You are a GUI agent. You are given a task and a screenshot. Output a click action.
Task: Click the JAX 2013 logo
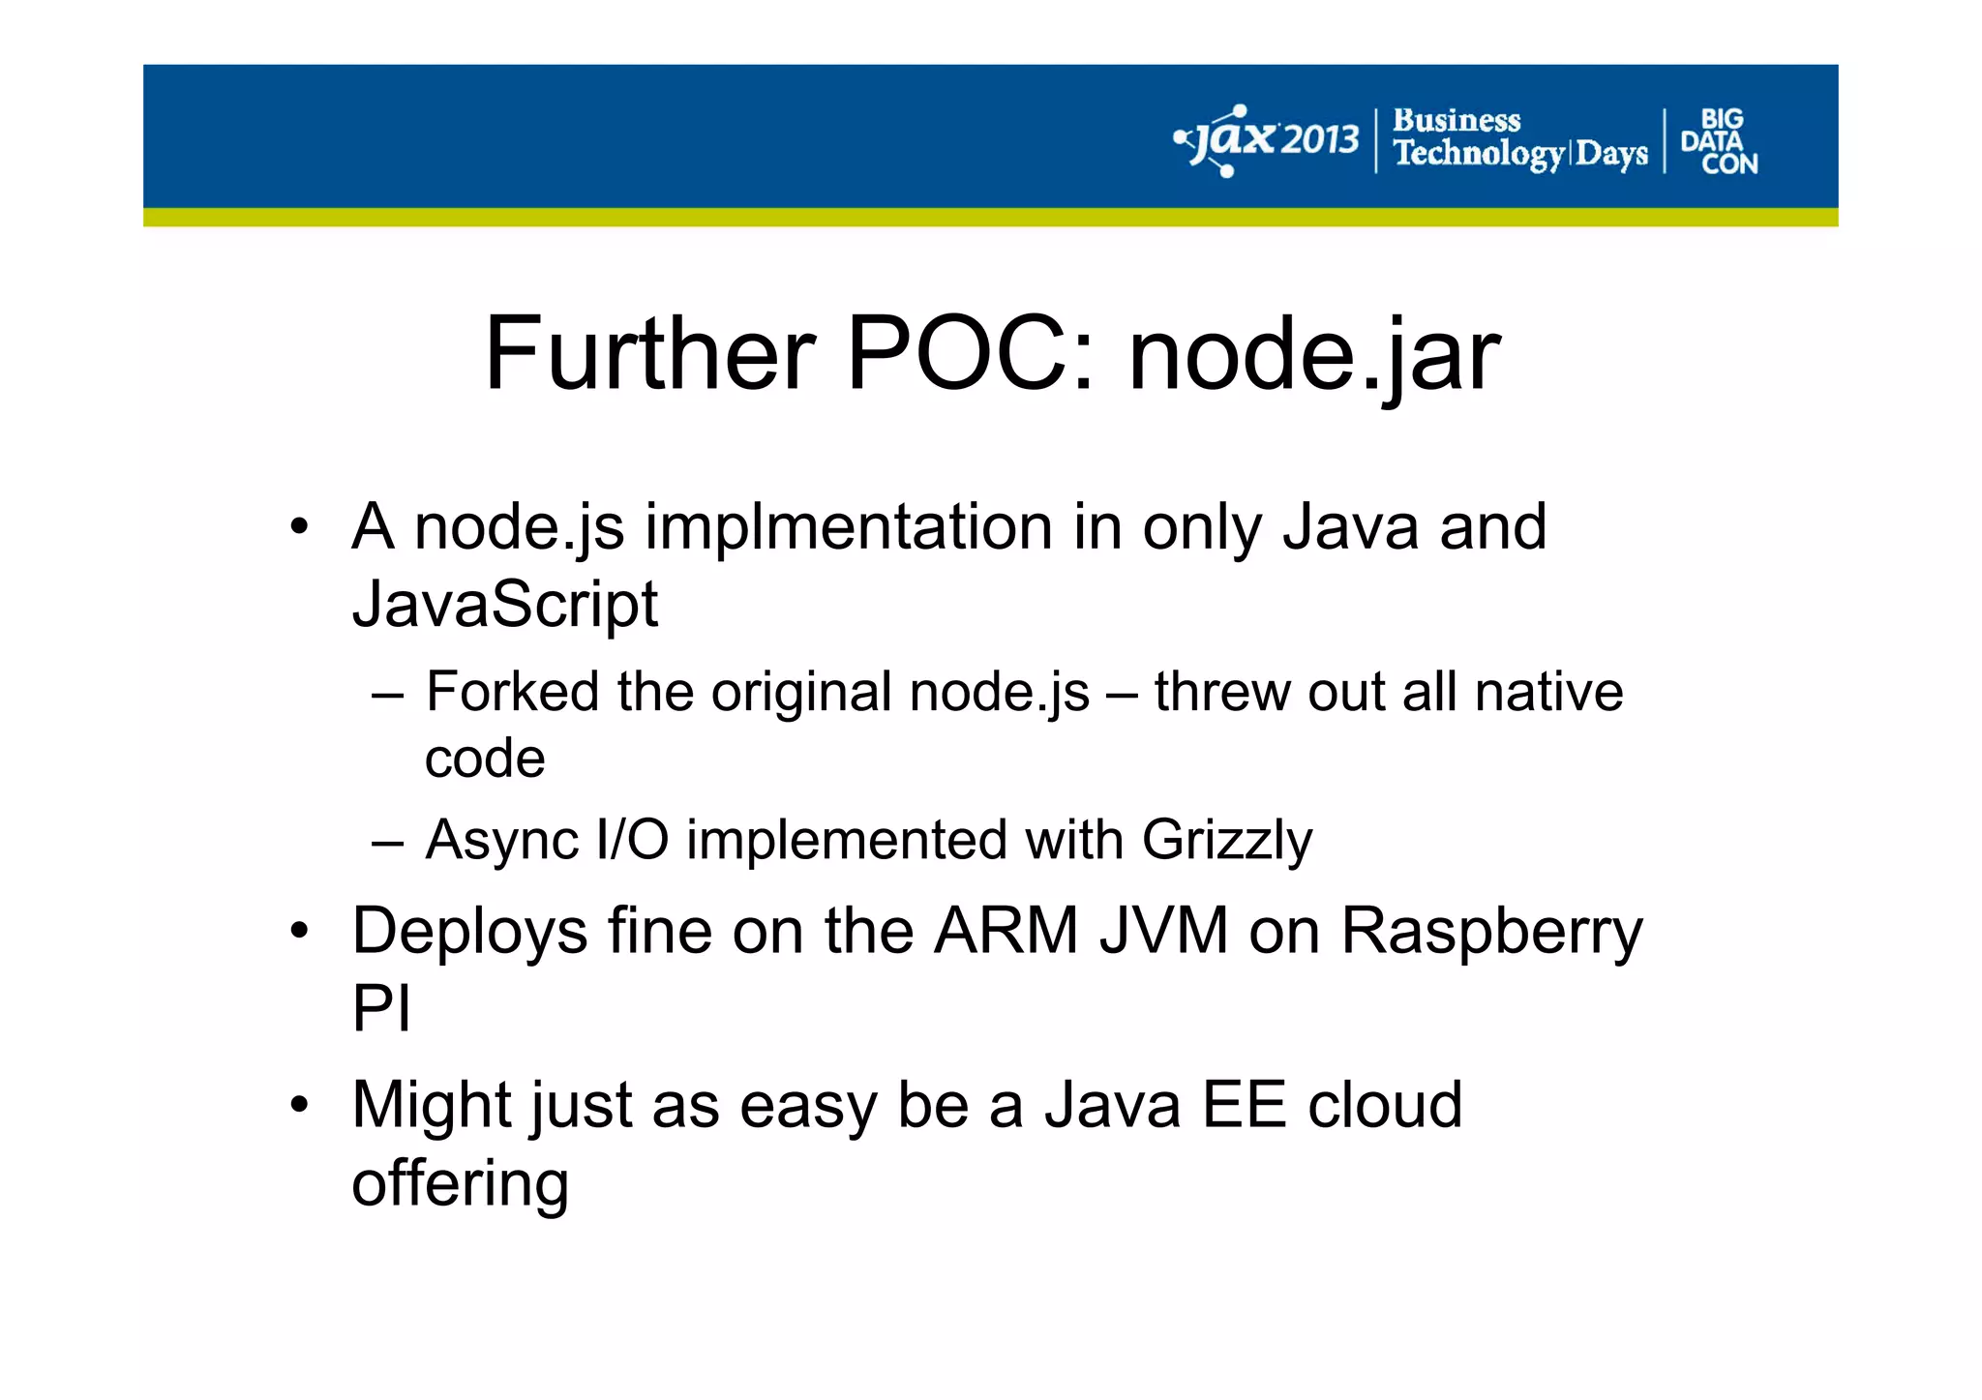(1267, 141)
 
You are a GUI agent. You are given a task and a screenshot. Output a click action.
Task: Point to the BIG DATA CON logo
(1719, 141)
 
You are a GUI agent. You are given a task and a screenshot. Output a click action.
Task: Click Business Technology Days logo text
(1518, 138)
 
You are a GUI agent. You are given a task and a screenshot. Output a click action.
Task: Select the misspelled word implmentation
(849, 528)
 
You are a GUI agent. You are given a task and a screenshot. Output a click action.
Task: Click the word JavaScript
(504, 604)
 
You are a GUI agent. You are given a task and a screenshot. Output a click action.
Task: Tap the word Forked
(513, 692)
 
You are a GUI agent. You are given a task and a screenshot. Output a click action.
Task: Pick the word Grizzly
(1226, 839)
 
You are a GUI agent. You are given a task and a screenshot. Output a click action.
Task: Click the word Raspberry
(1491, 931)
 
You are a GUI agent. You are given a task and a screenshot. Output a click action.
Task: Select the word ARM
(1006, 931)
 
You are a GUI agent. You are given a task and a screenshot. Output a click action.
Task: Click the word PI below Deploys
(380, 1008)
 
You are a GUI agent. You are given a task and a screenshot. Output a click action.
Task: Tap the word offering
(460, 1183)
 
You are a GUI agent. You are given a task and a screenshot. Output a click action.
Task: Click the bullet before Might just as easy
(300, 1104)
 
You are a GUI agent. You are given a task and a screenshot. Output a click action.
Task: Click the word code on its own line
(485, 759)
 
